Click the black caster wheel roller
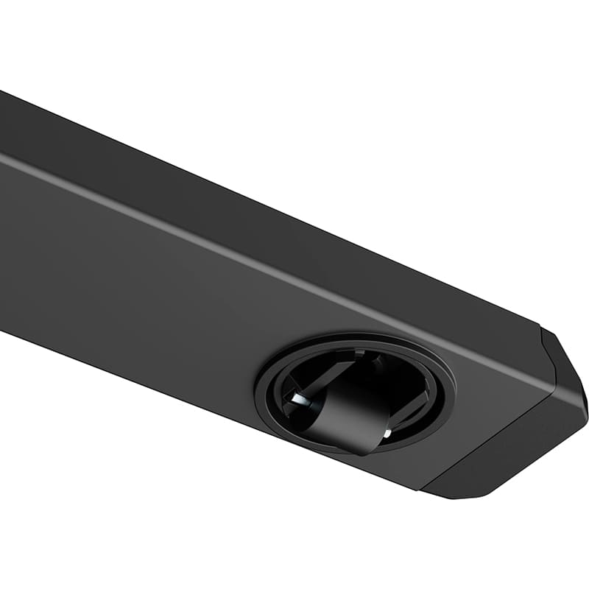(x=346, y=416)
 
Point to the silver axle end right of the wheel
(x=386, y=434)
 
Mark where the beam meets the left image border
(x=2, y=221)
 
